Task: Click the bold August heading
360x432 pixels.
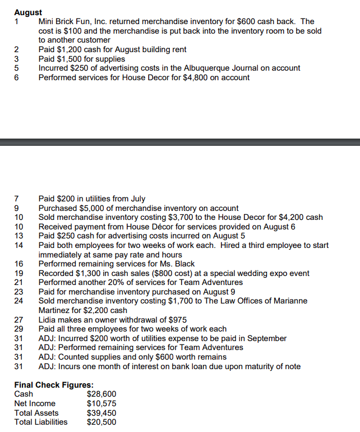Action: (x=28, y=12)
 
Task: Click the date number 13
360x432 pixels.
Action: (x=18, y=236)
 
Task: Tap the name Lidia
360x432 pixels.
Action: (x=48, y=319)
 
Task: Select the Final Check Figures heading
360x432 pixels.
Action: (x=54, y=385)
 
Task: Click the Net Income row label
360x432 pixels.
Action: (x=35, y=403)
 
